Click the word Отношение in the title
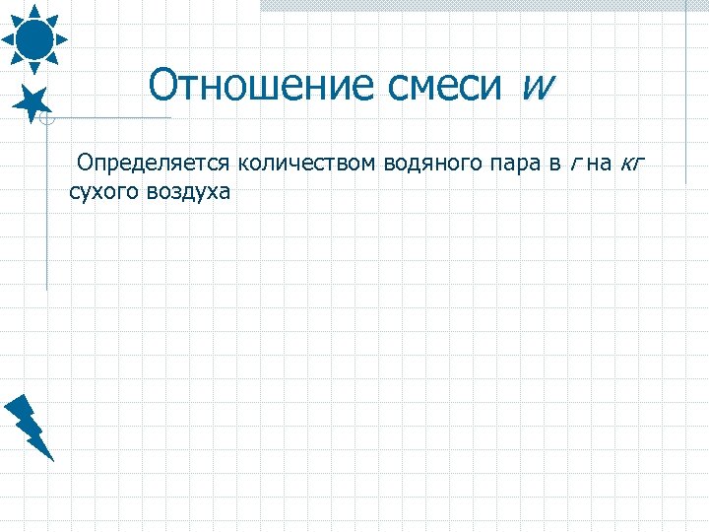click(252, 87)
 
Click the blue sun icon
click(33, 37)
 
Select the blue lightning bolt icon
click(30, 427)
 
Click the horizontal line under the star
click(108, 117)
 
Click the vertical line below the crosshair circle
click(46, 207)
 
